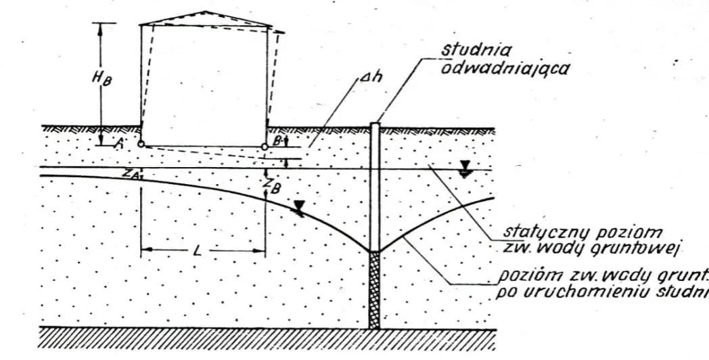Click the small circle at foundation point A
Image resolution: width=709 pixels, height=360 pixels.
pyautogui.click(x=140, y=144)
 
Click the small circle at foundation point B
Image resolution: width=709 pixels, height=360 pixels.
pyautogui.click(x=265, y=146)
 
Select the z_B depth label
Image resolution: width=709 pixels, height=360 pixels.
pyautogui.click(x=272, y=186)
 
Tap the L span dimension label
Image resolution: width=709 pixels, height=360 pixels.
pyautogui.click(x=197, y=251)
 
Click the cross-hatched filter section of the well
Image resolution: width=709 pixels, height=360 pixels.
pyautogui.click(x=374, y=290)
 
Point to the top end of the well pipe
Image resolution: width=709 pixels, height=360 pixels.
pyautogui.click(x=374, y=125)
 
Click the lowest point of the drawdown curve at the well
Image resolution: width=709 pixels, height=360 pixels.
pyautogui.click(x=374, y=252)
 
